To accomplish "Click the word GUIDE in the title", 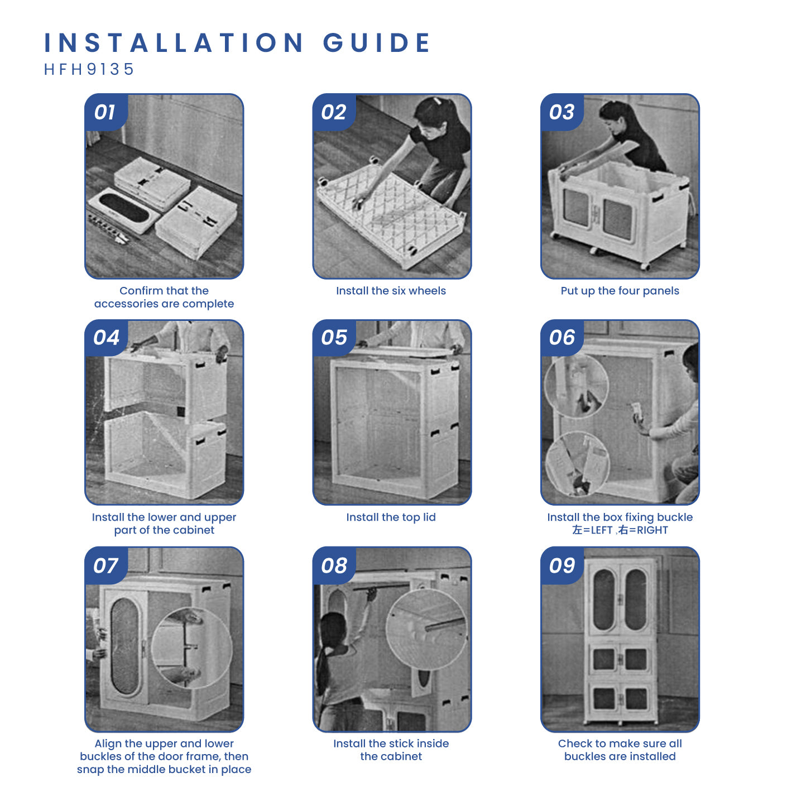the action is (377, 42).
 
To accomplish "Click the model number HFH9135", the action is (89, 69).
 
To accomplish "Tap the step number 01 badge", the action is (105, 112).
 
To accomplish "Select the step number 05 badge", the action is (334, 338).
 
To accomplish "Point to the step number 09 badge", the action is (562, 565).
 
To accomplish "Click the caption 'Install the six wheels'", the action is (391, 290).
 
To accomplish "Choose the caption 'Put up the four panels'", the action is (620, 291).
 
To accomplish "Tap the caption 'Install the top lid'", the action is (391, 517).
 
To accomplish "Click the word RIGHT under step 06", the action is (652, 530).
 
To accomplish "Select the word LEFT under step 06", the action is (602, 530).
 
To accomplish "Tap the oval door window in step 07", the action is (124, 646).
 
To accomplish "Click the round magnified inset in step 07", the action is (191, 648).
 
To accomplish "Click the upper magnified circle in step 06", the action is (576, 385).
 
